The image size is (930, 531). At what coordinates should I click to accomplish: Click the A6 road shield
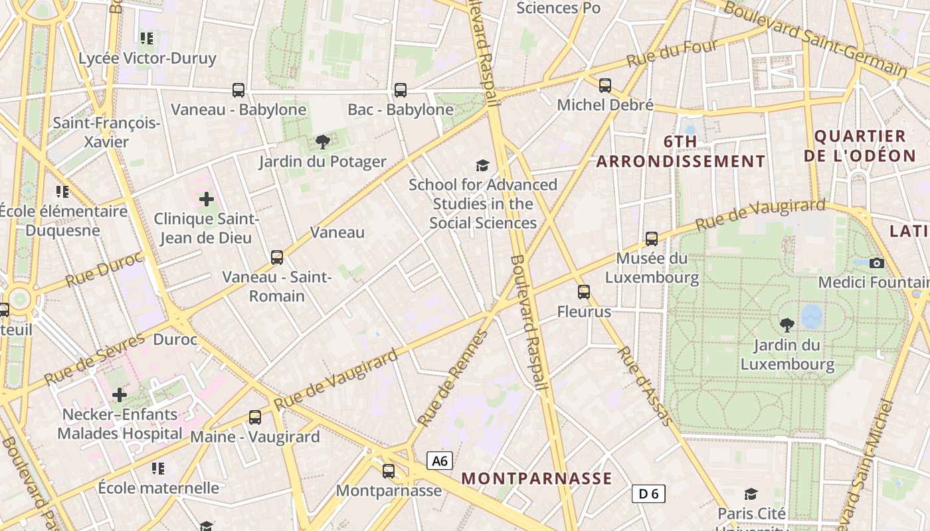(440, 461)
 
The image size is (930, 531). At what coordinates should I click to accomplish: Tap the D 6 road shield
(648, 493)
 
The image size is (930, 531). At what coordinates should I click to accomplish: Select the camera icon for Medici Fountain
(877, 263)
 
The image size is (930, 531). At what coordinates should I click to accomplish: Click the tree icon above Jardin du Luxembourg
(787, 325)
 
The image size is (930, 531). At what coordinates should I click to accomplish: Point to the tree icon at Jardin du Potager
(323, 141)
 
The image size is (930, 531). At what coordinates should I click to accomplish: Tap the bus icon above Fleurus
(584, 291)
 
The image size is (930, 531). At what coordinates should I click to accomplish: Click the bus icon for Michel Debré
(605, 85)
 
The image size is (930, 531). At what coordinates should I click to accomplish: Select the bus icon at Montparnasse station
(389, 471)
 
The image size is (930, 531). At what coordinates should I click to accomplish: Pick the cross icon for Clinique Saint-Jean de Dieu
(207, 198)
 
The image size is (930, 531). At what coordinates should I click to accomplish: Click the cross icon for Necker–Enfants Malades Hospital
(120, 395)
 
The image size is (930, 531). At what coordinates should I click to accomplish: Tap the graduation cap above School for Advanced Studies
(482, 165)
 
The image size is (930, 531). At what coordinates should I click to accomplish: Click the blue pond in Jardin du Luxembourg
(812, 317)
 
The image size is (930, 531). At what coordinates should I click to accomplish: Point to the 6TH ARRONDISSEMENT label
(681, 151)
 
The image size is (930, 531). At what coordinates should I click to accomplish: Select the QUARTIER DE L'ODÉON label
(860, 146)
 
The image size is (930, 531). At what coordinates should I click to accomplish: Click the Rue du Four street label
(672, 53)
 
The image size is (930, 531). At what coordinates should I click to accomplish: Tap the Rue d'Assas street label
(645, 385)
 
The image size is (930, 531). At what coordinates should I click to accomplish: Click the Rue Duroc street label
(104, 270)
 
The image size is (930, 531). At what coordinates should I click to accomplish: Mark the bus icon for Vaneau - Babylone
(238, 90)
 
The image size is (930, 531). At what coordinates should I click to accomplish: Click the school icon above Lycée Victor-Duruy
(147, 38)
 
